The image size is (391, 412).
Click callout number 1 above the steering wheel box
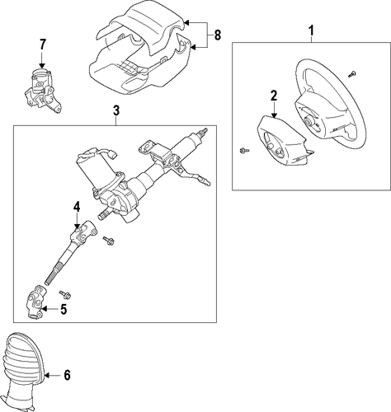[311, 30]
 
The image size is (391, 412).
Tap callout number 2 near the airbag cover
[274, 96]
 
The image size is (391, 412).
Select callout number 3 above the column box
[116, 110]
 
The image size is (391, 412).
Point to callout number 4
[77, 207]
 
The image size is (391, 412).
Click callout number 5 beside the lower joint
[64, 309]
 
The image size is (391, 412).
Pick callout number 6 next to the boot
[67, 375]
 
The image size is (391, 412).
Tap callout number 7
[42, 44]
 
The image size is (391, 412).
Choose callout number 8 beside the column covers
[217, 35]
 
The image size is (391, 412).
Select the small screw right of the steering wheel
[351, 73]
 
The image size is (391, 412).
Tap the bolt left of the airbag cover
[244, 150]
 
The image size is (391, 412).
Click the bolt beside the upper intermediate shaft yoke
[108, 241]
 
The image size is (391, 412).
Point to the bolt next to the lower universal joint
[65, 294]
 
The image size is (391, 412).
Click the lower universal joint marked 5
[36, 302]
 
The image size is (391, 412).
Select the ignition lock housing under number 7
[43, 91]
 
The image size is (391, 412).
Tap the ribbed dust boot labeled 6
[23, 371]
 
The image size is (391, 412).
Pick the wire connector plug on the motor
[113, 155]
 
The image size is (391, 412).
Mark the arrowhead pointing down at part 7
[42, 65]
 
